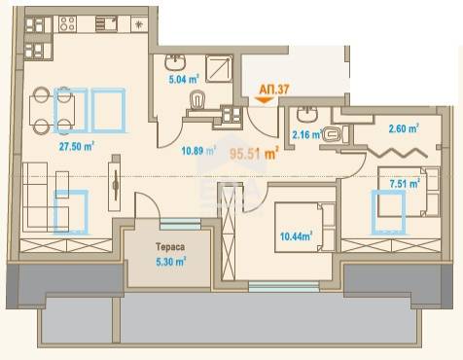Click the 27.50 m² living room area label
(x=77, y=146)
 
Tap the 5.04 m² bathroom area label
(x=184, y=79)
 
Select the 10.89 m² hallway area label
(x=198, y=151)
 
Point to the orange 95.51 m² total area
(x=255, y=154)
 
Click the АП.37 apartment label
(x=274, y=90)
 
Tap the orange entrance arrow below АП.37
(x=265, y=100)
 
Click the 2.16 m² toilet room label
(x=306, y=134)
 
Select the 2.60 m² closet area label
(x=404, y=128)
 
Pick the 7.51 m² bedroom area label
(x=405, y=184)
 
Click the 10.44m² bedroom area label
(x=297, y=236)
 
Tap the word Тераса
(x=170, y=247)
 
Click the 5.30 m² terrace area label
(x=171, y=262)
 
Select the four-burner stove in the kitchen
(x=68, y=24)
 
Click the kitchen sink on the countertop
(x=106, y=24)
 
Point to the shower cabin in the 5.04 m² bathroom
(x=219, y=68)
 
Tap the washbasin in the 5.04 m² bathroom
(x=175, y=62)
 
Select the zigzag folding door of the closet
(x=397, y=152)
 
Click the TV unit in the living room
(x=115, y=183)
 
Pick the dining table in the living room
(x=53, y=111)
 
